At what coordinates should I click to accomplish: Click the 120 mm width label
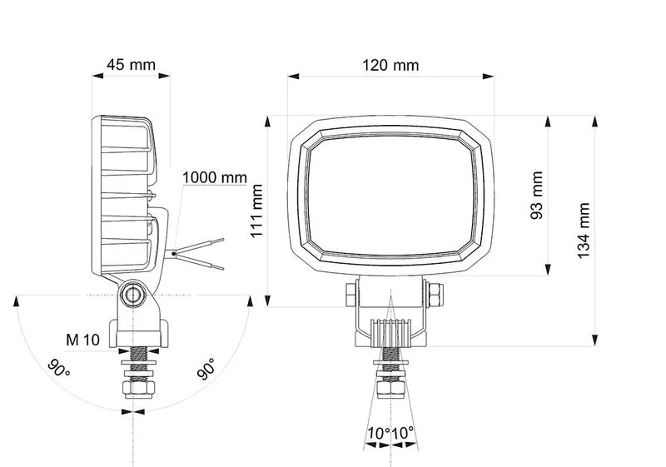coord(390,65)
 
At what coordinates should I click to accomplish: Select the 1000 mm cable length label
coord(215,176)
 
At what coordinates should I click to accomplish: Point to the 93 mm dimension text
coord(537,196)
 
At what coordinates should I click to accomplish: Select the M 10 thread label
coord(83,339)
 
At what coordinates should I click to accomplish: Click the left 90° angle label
coord(58,368)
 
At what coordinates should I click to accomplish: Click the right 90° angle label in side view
coord(206,370)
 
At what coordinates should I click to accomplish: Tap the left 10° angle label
coord(378,433)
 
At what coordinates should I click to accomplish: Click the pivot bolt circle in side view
coord(132,294)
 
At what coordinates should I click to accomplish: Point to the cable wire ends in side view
coord(204,254)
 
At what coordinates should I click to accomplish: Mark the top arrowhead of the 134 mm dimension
coord(594,121)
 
